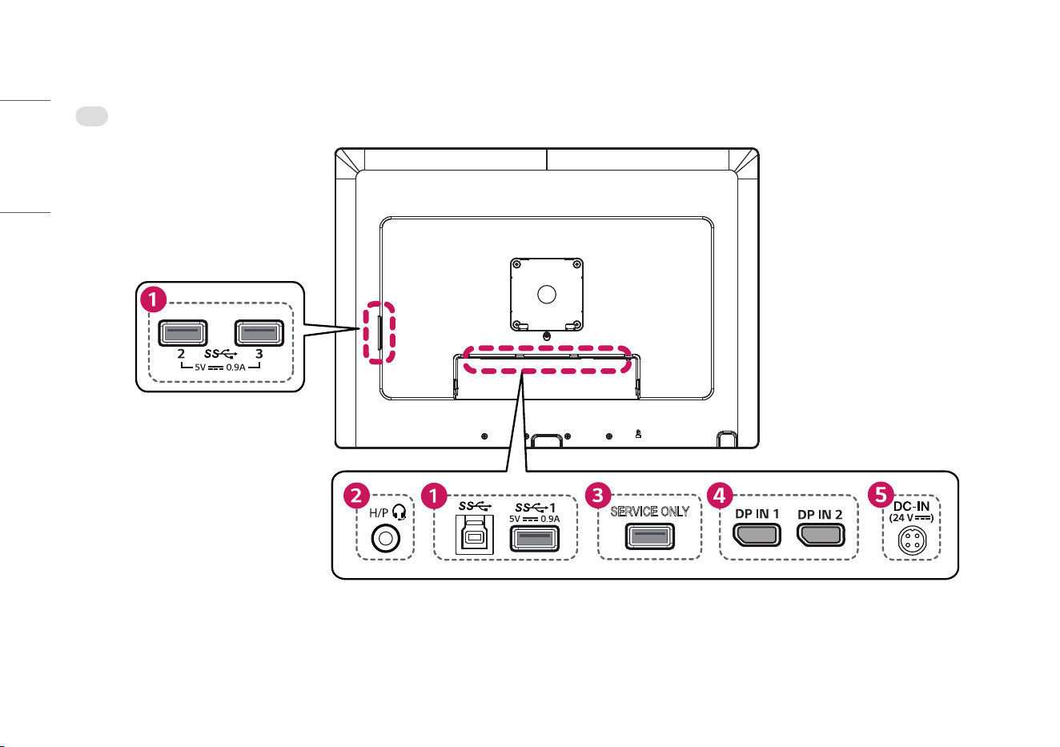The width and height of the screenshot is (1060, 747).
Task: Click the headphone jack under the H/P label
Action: (386, 539)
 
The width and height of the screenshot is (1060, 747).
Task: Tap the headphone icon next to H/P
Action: (400, 512)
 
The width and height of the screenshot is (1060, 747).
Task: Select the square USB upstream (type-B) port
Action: (474, 535)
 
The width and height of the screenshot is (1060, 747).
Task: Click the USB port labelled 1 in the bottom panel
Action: (534, 539)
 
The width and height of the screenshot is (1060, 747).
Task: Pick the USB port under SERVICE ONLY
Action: (650, 536)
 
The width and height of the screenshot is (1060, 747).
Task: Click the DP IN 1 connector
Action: (757, 535)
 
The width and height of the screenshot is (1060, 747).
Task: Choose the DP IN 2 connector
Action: (821, 535)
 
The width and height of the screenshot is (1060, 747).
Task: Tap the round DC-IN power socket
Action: (912, 540)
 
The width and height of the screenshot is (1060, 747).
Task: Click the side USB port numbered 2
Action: (183, 333)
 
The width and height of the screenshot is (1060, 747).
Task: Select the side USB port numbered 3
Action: (259, 333)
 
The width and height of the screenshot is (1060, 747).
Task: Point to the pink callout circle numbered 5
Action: (881, 495)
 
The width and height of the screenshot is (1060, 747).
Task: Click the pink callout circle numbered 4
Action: (719, 496)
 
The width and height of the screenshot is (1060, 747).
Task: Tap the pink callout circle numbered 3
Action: (598, 495)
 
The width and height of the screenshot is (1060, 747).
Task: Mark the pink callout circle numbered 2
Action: (356, 496)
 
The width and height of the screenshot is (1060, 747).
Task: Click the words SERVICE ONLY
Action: (650, 512)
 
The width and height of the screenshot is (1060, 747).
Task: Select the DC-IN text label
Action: (911, 506)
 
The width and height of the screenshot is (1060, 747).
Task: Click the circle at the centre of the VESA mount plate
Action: (547, 295)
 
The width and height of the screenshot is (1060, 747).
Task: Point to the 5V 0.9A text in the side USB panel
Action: (220, 367)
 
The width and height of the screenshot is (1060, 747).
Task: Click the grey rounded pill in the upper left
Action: (92, 116)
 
